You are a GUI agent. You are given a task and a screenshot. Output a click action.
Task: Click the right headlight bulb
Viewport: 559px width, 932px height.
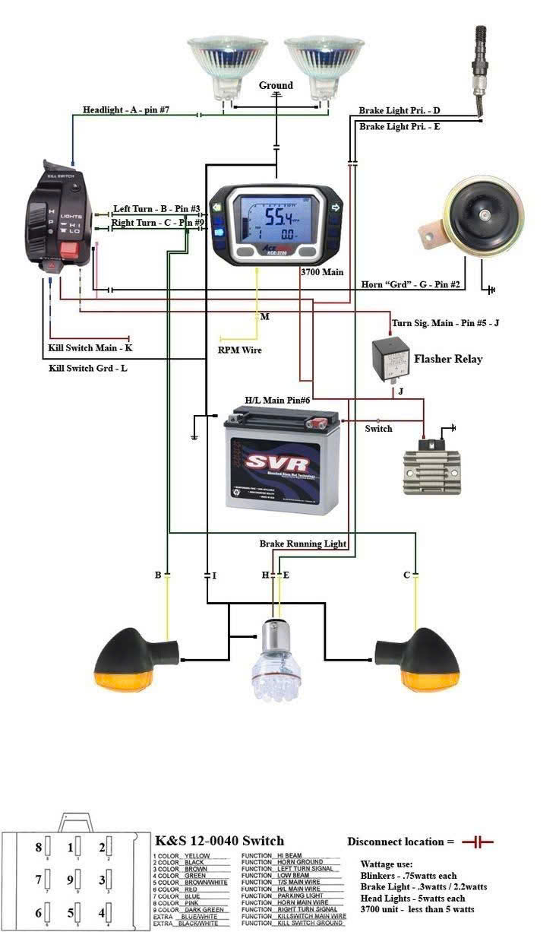point(320,65)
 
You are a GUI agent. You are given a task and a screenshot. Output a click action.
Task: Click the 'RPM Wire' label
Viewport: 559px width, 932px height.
point(239,350)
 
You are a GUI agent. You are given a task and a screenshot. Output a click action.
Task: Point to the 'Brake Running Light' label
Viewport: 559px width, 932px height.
point(302,544)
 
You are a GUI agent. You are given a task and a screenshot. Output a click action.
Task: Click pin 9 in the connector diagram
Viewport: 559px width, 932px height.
point(71,880)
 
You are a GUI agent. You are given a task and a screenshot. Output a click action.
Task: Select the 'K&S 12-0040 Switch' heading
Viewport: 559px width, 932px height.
point(219,840)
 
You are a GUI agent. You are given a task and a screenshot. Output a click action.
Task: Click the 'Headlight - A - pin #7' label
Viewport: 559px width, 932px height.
point(126,110)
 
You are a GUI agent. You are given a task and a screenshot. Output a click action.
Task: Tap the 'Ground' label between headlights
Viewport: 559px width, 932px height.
point(276,85)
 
